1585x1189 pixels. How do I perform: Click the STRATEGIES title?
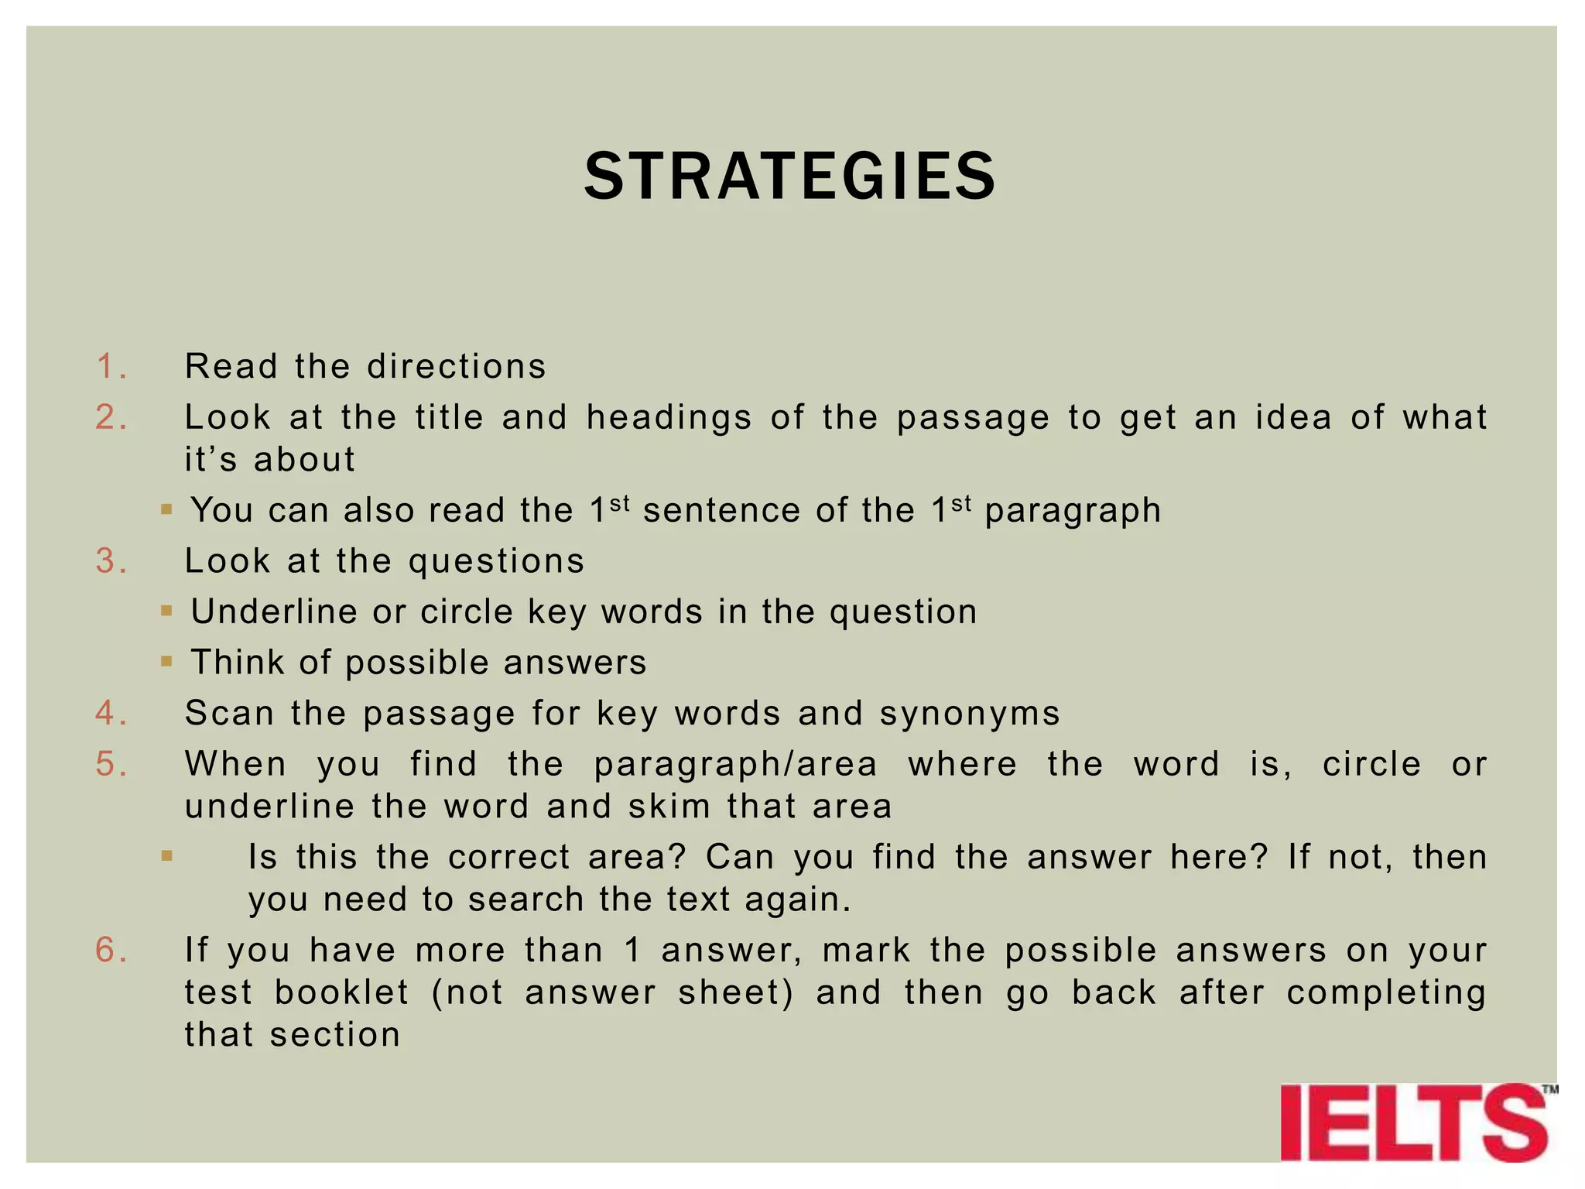point(789,176)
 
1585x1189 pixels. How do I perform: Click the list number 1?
point(111,366)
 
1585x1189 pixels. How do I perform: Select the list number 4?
point(111,713)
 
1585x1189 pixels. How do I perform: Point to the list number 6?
point(111,950)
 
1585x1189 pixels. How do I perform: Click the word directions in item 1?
point(457,366)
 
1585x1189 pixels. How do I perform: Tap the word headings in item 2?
point(669,418)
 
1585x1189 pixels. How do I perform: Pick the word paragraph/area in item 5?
point(735,764)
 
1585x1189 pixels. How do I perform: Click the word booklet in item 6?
point(341,992)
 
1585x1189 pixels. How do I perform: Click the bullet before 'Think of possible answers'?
point(166,662)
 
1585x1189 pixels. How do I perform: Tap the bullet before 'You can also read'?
point(166,509)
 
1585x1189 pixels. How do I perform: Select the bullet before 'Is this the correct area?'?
point(166,856)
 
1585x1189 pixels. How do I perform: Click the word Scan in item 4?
point(229,713)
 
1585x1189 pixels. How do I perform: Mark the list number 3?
point(111,561)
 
